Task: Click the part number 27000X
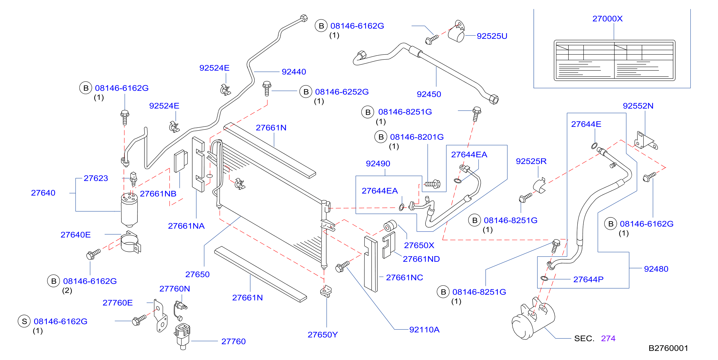click(x=607, y=19)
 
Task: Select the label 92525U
click(x=492, y=36)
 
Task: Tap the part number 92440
click(x=294, y=72)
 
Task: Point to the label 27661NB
click(x=158, y=194)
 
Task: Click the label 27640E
click(x=75, y=235)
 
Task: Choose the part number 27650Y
click(x=323, y=335)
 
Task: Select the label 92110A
click(x=424, y=330)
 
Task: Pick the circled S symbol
click(x=25, y=321)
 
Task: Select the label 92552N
click(x=638, y=106)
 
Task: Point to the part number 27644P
click(x=588, y=279)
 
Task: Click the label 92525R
click(x=531, y=161)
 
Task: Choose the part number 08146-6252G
click(x=342, y=92)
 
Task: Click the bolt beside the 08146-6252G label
click(x=267, y=89)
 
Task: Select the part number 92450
click(x=429, y=94)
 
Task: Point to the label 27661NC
click(x=404, y=278)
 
